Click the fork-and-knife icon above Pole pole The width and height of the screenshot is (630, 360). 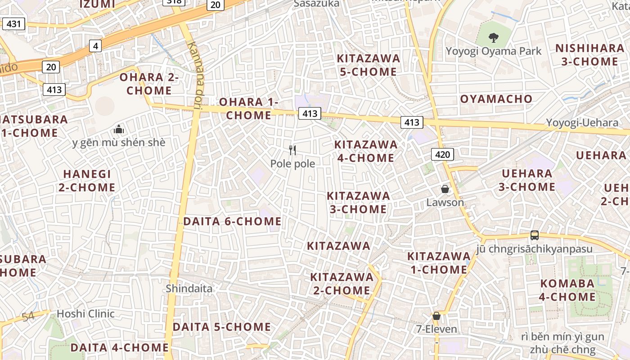click(292, 150)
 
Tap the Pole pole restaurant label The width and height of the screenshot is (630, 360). click(292, 164)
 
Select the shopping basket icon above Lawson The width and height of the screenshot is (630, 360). click(445, 189)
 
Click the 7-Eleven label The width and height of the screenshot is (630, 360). click(436, 329)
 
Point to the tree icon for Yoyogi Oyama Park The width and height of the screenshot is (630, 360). click(493, 37)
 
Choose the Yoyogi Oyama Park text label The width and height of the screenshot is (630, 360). click(493, 51)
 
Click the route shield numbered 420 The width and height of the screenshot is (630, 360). click(442, 155)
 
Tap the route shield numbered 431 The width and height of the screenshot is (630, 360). click(13, 23)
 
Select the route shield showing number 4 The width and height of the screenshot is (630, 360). click(95, 45)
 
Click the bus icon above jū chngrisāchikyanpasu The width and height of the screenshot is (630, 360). click(534, 235)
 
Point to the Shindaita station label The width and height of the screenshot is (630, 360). click(189, 288)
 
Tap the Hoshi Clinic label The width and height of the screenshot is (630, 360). click(85, 314)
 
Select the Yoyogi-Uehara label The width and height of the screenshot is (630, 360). click(582, 123)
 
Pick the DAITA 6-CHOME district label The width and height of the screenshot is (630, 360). click(232, 221)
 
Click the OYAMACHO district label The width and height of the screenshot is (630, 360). click(496, 99)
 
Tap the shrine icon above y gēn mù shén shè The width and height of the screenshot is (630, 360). click(119, 130)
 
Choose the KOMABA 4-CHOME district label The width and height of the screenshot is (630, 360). click(567, 290)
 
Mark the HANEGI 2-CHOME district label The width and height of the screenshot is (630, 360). click(87, 180)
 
